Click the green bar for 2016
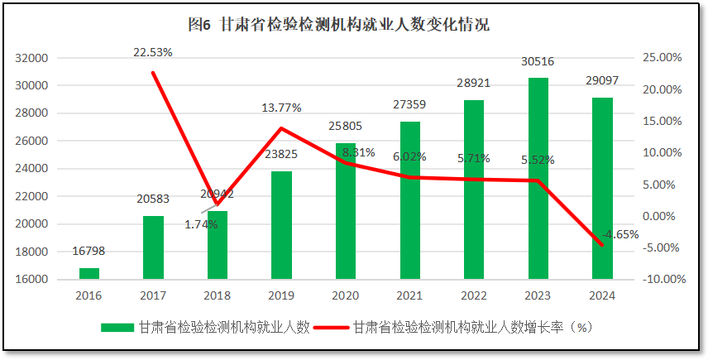point(89,273)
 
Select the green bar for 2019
point(281,225)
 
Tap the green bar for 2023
point(538,178)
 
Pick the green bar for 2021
point(410,200)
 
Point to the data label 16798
point(88,251)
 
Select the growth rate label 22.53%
point(153,52)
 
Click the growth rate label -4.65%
point(620,234)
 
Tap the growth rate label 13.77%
point(281,108)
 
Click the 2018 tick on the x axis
point(217,295)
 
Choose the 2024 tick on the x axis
point(602,295)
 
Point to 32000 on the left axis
point(31,58)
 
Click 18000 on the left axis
point(31,252)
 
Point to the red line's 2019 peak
point(281,128)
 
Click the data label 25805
point(346,127)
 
